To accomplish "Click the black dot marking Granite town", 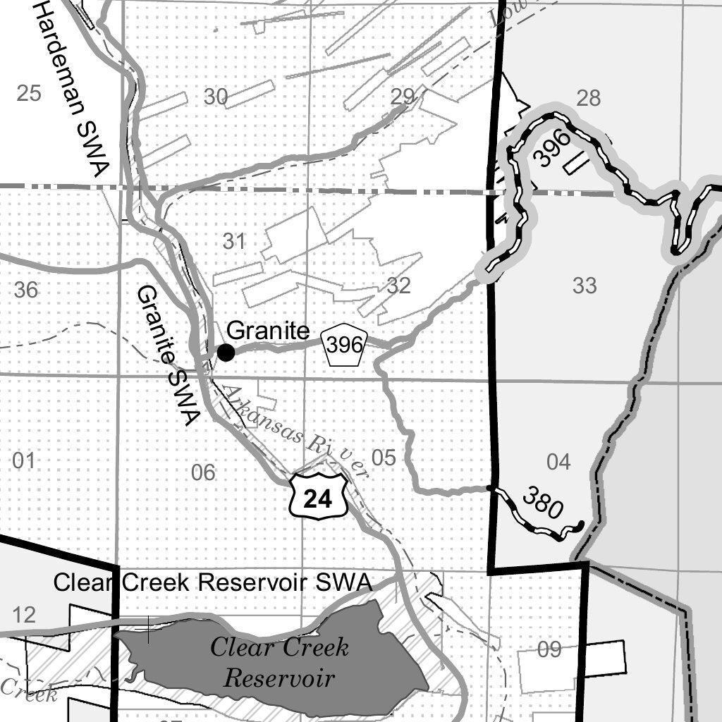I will point(226,353).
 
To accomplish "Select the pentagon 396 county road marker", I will point(345,345).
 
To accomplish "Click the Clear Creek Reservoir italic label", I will point(279,663).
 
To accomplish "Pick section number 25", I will point(28,93).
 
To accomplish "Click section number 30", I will point(216,97).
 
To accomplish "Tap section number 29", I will point(403,97).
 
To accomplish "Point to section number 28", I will point(588,98).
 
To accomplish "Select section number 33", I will point(585,286).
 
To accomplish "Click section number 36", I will point(26,290).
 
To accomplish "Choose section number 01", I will point(23,461).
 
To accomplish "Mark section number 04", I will point(558,462).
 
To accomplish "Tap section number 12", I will point(23,615).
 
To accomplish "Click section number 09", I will point(549,649).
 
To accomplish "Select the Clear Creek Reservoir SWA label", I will point(212,583).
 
